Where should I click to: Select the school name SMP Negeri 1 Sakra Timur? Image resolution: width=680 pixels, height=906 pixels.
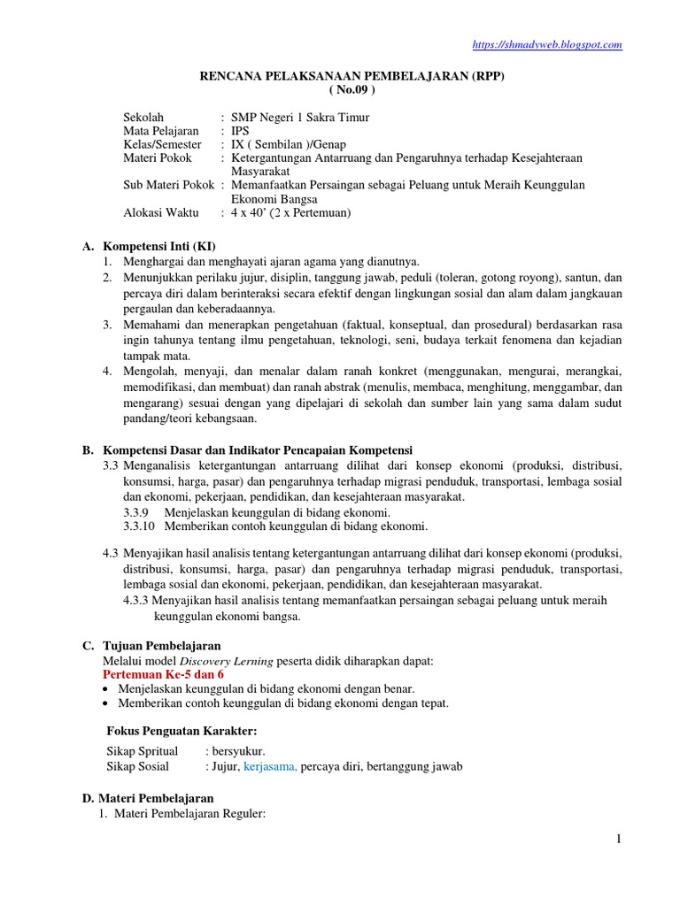click(x=300, y=117)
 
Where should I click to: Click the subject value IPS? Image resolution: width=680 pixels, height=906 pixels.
click(x=240, y=130)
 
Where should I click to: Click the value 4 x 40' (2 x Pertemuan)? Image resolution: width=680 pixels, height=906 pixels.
click(x=291, y=212)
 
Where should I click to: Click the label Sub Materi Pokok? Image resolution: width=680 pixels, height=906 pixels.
click(x=168, y=185)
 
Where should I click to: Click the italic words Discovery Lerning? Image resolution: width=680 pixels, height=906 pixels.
click(x=227, y=661)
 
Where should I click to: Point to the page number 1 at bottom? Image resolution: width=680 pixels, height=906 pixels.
click(x=620, y=839)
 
